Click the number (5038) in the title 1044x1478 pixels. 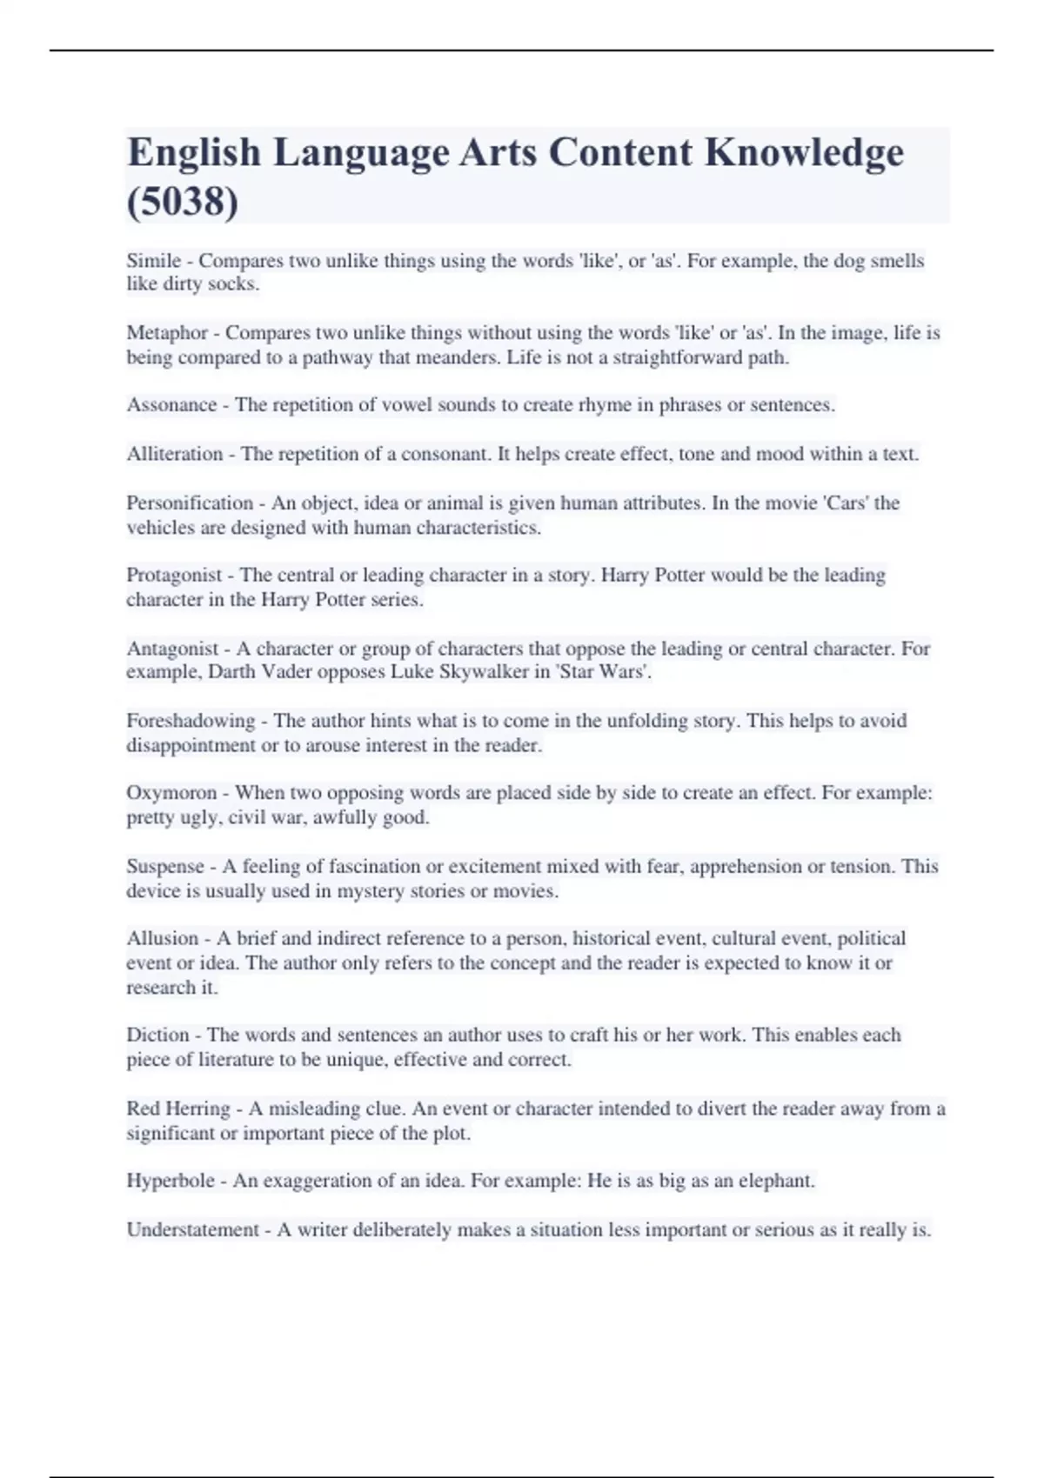coord(182,202)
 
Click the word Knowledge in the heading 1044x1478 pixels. coord(804,152)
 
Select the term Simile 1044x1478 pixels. coord(154,261)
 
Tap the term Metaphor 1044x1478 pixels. coord(167,333)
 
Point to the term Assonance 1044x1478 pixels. coord(171,405)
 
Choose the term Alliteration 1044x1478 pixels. coord(174,454)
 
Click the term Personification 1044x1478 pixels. coord(190,503)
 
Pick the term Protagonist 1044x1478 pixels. coord(174,576)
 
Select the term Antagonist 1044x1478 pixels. coord(172,649)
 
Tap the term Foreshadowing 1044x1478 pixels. coord(191,721)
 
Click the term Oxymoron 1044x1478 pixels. coord(171,793)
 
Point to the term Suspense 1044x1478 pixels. coord(165,867)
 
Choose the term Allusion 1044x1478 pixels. coord(163,939)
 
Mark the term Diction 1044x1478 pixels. coord(157,1035)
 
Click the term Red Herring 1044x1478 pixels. coord(178,1109)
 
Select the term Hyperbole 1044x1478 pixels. coord(171,1182)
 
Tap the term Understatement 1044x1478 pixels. coord(193,1230)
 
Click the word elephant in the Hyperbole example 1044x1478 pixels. coord(776,1182)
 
